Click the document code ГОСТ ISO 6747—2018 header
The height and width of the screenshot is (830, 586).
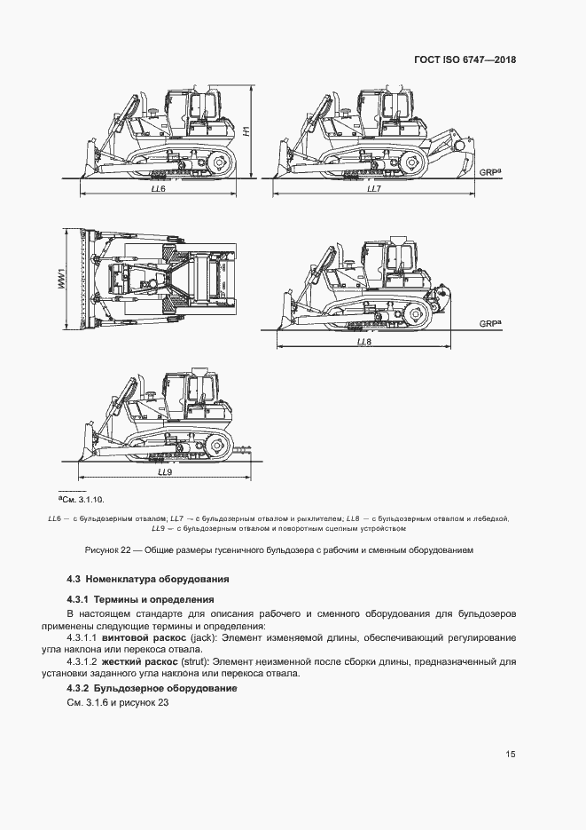pos(465,60)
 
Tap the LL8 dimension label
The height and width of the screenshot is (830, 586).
pos(363,341)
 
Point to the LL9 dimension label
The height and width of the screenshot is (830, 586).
pos(165,472)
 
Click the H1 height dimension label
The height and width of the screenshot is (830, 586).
pos(247,132)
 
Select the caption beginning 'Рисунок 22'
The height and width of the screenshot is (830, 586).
pos(279,549)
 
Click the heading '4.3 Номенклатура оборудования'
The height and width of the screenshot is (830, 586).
pos(148,579)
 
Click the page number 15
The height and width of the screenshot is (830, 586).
pos(511,755)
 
